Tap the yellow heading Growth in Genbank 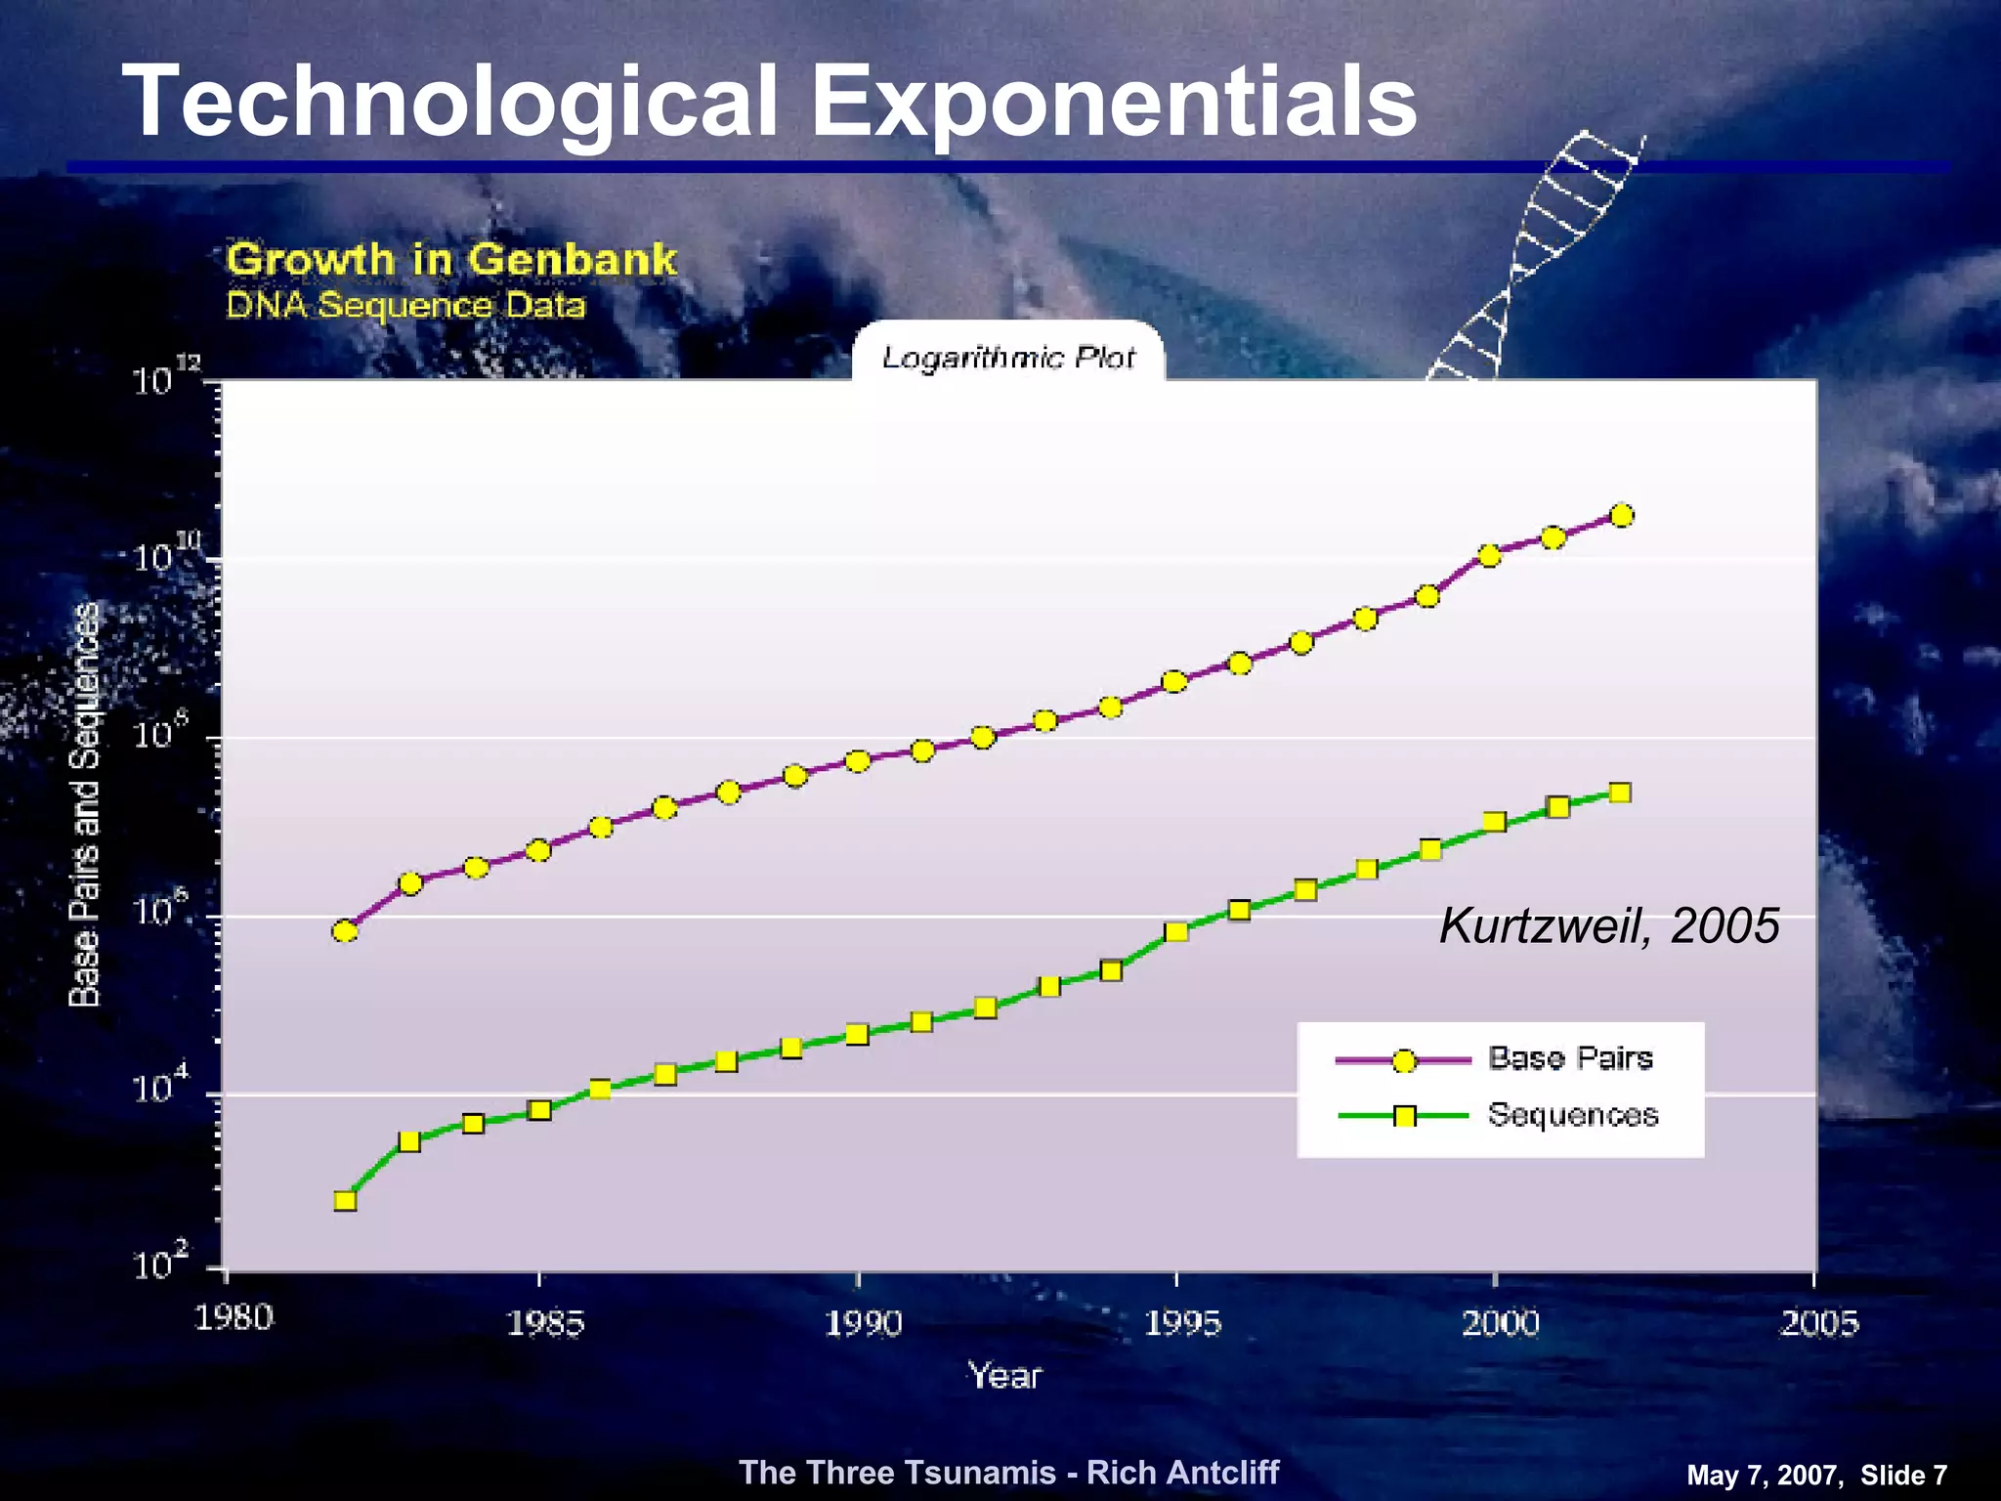click(x=451, y=260)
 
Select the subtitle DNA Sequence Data click(x=405, y=306)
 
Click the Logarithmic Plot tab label click(x=1008, y=358)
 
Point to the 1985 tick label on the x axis click(x=544, y=1323)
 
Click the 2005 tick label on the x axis click(x=1818, y=1323)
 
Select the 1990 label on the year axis click(x=863, y=1323)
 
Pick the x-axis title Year click(x=1004, y=1376)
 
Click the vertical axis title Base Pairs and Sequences click(x=85, y=804)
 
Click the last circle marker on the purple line click(x=1621, y=515)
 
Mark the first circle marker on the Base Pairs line click(x=345, y=930)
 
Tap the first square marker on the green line click(x=345, y=1201)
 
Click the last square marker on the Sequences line click(x=1620, y=793)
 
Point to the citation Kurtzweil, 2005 click(x=1609, y=925)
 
